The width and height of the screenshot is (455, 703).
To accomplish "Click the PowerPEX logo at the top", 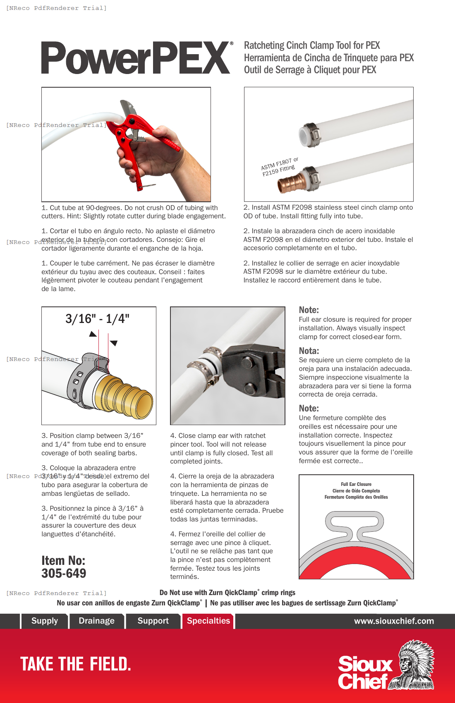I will (x=136, y=58).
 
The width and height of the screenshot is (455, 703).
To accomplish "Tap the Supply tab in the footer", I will (x=45, y=621).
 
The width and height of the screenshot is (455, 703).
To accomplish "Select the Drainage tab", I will (x=96, y=621).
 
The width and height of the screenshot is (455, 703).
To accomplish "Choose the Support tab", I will (x=153, y=621).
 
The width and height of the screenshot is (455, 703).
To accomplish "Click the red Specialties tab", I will (x=208, y=621).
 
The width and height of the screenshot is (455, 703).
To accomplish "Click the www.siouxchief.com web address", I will (x=394, y=621).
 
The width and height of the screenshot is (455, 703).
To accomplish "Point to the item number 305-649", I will (x=64, y=573).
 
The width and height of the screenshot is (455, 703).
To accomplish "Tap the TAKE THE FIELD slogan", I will (x=76, y=664).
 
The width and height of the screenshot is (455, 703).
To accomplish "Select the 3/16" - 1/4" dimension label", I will (x=98, y=319).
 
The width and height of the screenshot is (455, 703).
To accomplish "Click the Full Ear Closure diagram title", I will (x=356, y=484).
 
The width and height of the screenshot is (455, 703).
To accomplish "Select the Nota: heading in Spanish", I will (x=309, y=351).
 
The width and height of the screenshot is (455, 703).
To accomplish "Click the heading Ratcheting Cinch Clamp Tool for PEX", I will (x=312, y=45).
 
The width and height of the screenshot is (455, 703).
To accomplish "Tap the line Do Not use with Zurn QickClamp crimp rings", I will (x=227, y=593).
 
